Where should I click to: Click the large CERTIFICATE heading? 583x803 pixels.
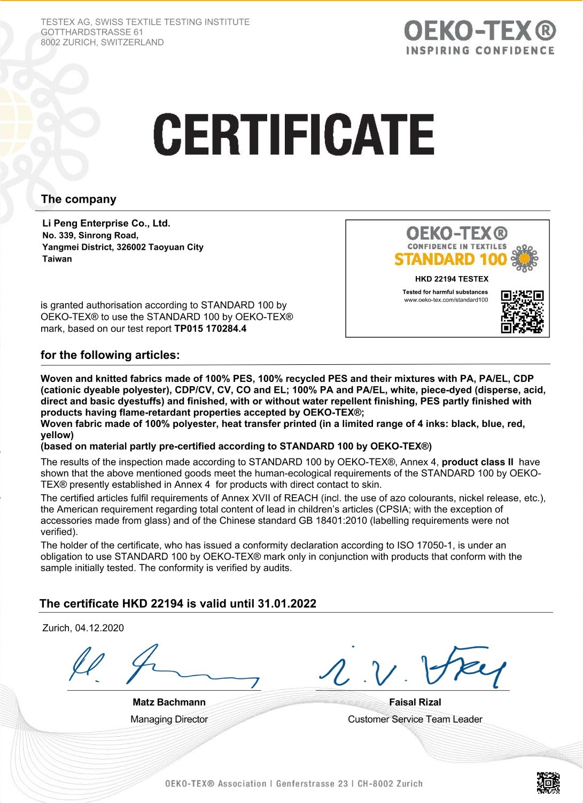point(293,134)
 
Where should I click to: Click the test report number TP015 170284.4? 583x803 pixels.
point(211,328)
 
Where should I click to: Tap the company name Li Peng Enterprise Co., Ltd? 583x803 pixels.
point(106,223)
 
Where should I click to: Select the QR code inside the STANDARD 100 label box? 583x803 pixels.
point(522,311)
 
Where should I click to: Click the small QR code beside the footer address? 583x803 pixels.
point(548,783)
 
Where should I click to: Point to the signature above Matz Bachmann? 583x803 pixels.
point(163,667)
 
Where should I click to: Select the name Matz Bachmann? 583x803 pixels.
point(169,702)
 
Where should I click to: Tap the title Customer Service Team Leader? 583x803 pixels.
point(415,720)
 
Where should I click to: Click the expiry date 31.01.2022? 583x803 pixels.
point(287,603)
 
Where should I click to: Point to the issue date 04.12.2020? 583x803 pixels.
point(99,628)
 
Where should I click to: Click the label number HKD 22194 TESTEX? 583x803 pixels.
point(452,279)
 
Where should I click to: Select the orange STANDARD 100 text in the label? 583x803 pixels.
point(450,259)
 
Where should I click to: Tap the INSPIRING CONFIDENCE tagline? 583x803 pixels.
point(480,51)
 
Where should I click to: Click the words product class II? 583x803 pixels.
point(478,462)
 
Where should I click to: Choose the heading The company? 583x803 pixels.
point(79,199)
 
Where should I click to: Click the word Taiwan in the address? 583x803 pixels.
point(57,259)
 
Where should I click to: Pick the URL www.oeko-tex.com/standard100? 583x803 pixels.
point(446,300)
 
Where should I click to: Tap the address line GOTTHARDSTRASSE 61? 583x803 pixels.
point(92,32)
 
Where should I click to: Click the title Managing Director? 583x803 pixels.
point(169,720)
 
